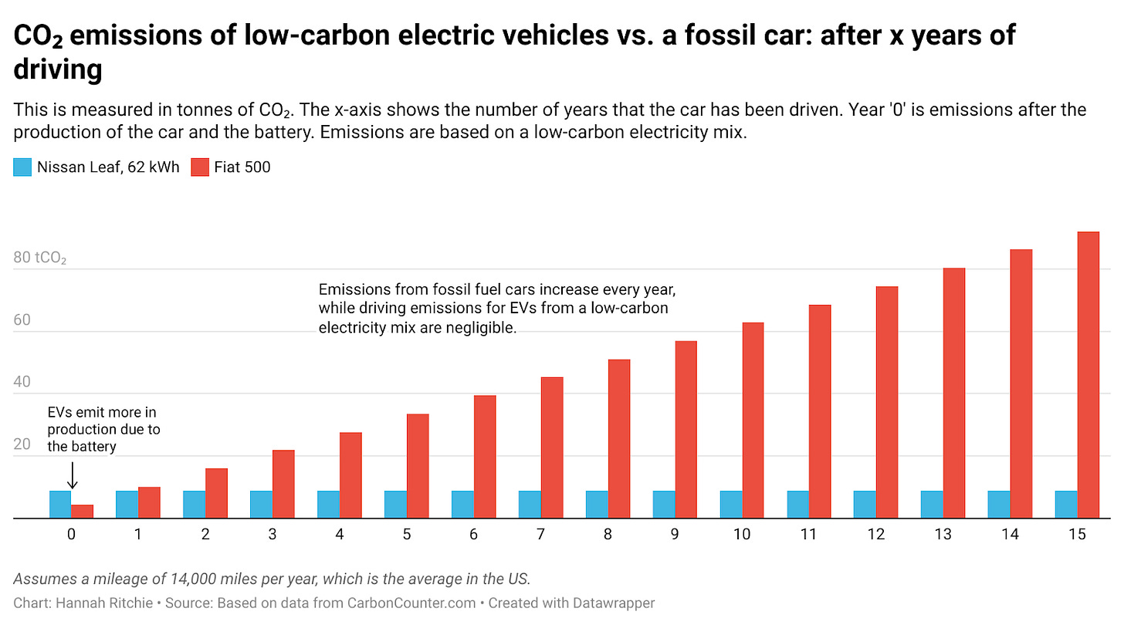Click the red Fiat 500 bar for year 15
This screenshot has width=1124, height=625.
tap(1088, 375)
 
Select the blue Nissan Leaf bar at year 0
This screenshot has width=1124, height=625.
tap(60, 505)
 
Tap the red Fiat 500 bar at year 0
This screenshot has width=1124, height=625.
tap(82, 512)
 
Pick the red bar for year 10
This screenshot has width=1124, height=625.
tap(753, 421)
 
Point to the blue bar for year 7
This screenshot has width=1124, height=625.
tap(530, 505)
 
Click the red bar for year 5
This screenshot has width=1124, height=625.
tap(418, 466)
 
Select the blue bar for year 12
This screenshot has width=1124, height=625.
tap(865, 505)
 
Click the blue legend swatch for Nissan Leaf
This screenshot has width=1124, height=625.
tap(22, 167)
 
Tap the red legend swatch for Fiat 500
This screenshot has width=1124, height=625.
tap(199, 167)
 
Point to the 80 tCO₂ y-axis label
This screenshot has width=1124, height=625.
tap(40, 258)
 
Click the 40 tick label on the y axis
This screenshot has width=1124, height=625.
tap(22, 383)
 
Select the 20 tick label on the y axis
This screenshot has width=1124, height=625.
tap(22, 444)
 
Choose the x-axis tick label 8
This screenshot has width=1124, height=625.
tap(608, 534)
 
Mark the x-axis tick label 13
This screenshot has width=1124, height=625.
tap(943, 534)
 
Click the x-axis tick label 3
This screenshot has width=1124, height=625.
tap(273, 534)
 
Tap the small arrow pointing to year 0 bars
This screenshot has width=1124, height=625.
tap(72, 475)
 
